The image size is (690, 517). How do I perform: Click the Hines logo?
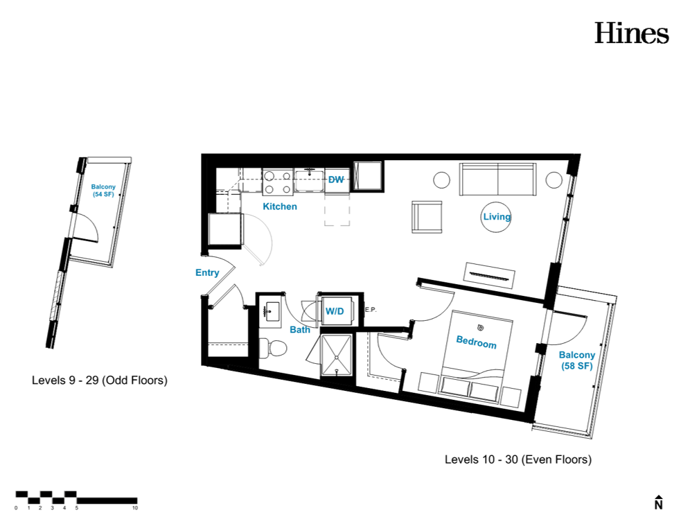632,33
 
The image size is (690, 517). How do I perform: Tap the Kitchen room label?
280,207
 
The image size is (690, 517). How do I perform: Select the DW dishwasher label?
336,179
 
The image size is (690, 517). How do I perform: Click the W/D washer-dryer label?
335,311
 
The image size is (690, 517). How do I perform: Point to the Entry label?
207,272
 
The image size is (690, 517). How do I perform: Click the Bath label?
300,329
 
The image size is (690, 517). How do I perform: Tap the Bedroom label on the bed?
477,342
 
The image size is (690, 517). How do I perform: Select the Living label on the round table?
497,217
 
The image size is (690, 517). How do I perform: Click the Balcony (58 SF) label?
577,360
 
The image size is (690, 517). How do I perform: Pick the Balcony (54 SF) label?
103,191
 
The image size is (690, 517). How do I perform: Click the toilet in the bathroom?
273,348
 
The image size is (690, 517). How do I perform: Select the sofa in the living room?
497,179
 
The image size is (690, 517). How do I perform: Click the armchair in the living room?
427,217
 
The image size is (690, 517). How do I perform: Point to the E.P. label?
371,310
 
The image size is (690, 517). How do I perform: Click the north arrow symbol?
658,502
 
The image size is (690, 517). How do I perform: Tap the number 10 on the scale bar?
134,508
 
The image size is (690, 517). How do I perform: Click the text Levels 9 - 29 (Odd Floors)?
100,380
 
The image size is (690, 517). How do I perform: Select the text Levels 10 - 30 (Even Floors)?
518,459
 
